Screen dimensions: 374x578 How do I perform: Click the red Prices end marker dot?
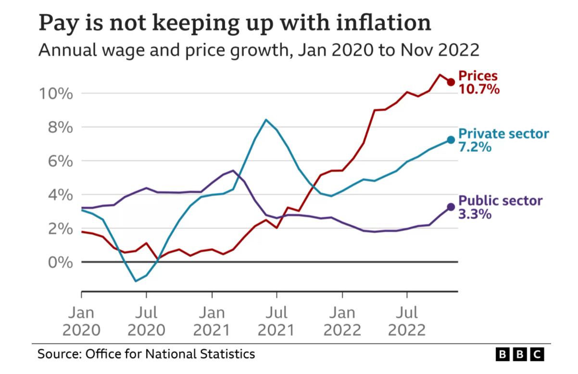click(x=451, y=82)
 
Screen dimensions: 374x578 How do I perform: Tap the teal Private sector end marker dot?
click(x=451, y=140)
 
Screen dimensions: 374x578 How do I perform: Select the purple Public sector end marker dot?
click(x=451, y=207)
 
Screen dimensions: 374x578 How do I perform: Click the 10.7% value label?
click(x=479, y=89)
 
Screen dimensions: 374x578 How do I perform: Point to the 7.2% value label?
click(x=475, y=147)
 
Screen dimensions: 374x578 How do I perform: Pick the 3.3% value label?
click(x=475, y=214)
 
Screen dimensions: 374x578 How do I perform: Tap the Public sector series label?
click(x=501, y=201)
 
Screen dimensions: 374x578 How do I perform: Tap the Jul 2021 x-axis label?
click(x=276, y=322)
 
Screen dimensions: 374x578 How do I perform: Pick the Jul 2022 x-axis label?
click(x=407, y=322)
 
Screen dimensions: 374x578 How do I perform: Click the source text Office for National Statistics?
click(x=170, y=355)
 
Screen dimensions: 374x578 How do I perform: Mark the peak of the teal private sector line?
click(x=266, y=120)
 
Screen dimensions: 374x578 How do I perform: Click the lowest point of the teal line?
click(x=136, y=281)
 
